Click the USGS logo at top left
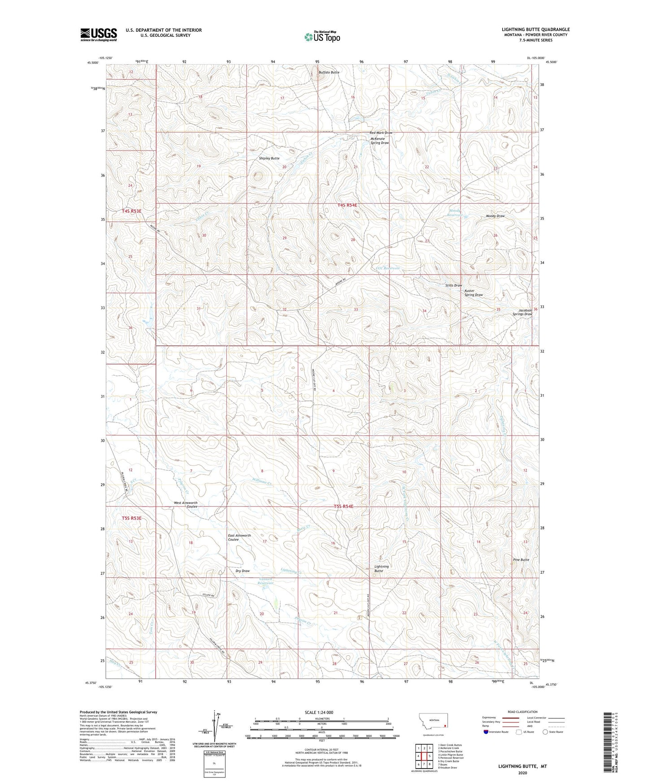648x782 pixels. point(98,34)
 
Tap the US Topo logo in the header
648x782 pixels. point(322,37)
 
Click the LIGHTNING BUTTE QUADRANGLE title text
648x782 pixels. point(535,30)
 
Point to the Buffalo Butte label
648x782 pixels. point(329,72)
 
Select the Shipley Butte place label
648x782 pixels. point(269,158)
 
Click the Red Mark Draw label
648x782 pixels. point(381,133)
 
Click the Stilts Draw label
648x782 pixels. point(453,285)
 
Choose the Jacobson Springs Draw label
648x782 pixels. point(522,312)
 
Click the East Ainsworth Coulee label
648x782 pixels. point(239,537)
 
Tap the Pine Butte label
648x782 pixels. point(521,560)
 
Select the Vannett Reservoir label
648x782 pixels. point(266,581)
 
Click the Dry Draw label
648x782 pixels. point(242,571)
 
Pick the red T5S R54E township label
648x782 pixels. point(344,506)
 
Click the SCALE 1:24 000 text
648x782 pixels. point(318,712)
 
